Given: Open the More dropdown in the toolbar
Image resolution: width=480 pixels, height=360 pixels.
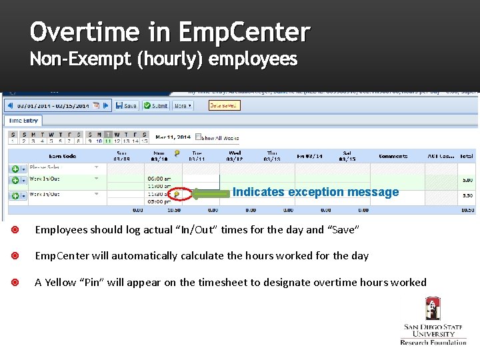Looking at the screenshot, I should point(182,105).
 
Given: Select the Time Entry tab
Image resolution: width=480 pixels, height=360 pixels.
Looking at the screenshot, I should point(24,121).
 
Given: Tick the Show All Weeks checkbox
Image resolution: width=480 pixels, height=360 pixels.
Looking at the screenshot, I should point(199,138).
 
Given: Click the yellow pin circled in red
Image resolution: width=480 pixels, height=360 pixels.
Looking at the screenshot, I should point(177,195).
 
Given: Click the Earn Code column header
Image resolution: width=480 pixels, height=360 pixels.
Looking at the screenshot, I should point(61,156).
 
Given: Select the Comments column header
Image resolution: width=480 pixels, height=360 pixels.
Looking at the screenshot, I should point(393,156).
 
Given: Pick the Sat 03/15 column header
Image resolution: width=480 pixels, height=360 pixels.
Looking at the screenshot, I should point(348,157).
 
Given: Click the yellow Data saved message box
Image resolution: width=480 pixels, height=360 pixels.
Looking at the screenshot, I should point(224,105).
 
